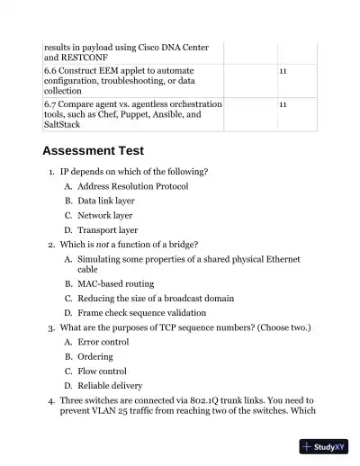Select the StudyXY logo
(x=324, y=446)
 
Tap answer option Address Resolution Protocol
(x=132, y=186)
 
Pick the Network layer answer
(x=104, y=215)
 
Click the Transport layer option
(x=107, y=229)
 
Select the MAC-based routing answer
(x=114, y=282)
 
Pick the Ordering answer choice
(x=95, y=356)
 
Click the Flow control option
(x=102, y=371)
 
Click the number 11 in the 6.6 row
(x=283, y=69)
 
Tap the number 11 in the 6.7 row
(x=283, y=104)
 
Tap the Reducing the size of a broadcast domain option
(x=156, y=298)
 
